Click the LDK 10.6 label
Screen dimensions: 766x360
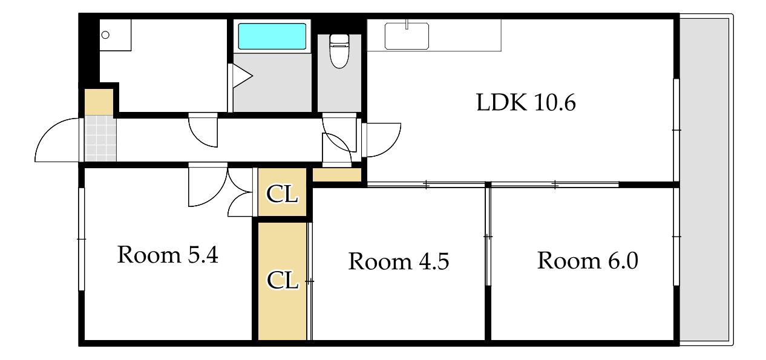pos(526,102)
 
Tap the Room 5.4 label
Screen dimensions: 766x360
pos(168,255)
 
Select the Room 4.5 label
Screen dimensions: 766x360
pos(399,261)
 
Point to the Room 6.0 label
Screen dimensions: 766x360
pos(588,261)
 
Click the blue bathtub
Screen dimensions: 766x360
pos(272,36)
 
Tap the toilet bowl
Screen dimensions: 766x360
pos(339,51)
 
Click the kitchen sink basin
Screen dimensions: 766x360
pos(407,36)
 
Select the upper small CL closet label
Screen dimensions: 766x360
pos(282,194)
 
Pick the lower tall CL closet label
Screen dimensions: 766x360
pos(283,280)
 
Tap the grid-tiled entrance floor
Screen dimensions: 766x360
pos(100,139)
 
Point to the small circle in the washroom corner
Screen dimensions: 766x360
pos(105,35)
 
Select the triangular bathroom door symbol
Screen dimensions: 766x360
pos(242,76)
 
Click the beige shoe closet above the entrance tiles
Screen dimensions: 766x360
pos(99,102)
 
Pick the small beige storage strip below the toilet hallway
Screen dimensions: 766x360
pos(337,175)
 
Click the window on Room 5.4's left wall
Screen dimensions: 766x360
pos(82,239)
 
